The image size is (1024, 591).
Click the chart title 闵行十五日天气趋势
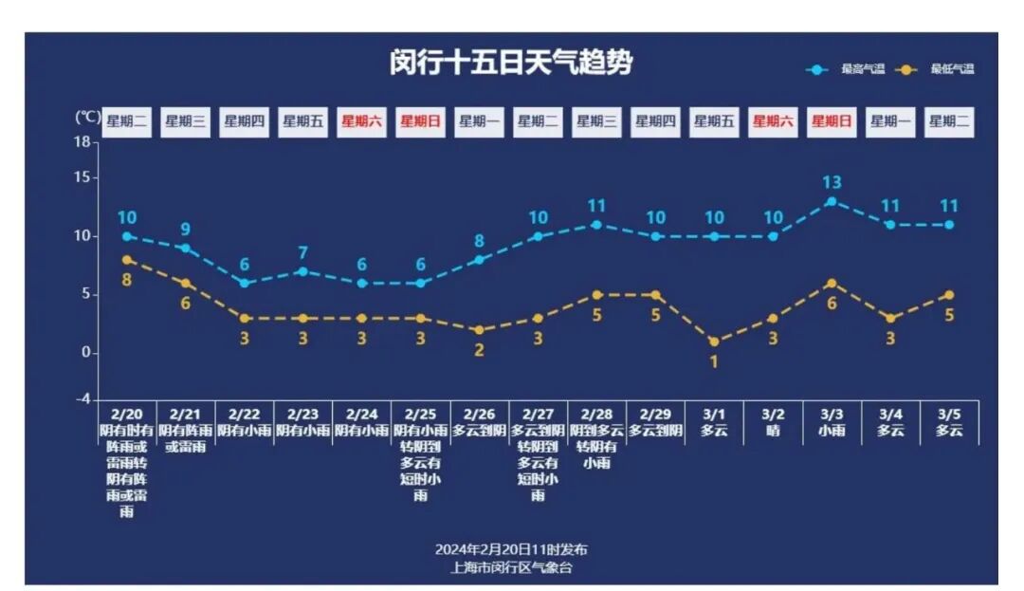tap(511, 63)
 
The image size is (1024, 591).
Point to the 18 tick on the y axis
tap(83, 142)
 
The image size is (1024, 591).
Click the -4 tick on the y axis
tap(83, 399)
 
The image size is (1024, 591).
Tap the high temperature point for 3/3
tap(832, 201)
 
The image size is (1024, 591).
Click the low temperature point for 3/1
tap(714, 342)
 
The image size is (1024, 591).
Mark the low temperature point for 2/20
tap(127, 259)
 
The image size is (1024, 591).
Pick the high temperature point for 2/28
tap(596, 225)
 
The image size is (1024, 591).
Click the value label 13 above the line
tap(832, 182)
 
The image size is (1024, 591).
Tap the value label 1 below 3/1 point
tap(714, 361)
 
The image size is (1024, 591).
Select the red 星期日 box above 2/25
tap(421, 121)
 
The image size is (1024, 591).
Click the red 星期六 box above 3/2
tap(773, 121)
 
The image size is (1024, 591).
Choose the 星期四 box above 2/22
tap(244, 121)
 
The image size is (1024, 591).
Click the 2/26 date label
tap(479, 415)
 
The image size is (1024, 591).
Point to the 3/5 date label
tap(949, 415)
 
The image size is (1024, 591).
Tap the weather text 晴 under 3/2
tap(773, 430)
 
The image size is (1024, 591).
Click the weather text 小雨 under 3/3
tap(832, 430)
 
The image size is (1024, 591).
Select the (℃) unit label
tap(87, 117)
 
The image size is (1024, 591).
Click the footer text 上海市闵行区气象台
tap(511, 567)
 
